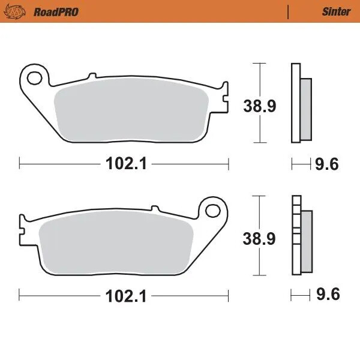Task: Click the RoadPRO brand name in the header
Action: [56, 11]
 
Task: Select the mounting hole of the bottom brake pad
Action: [213, 210]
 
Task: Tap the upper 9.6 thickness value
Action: [327, 164]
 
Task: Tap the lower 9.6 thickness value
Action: [327, 295]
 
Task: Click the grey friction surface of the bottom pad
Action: [114, 244]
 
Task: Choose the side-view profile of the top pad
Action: [300, 103]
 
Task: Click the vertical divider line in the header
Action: [289, 11]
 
